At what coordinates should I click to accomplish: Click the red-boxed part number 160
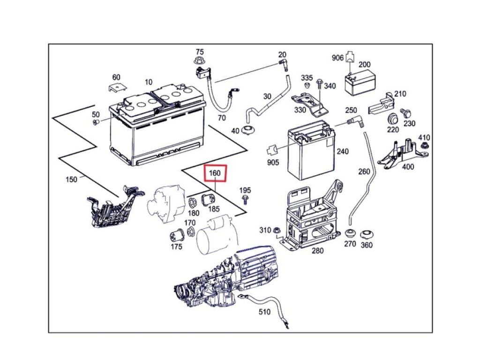pos(215,173)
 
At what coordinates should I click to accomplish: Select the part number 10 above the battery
pos(149,82)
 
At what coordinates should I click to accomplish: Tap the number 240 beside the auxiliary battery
pos(343,151)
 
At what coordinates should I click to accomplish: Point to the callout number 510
pos(264,312)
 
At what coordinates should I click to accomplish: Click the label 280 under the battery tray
pos(317,251)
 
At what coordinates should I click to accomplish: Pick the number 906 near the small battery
pos(337,58)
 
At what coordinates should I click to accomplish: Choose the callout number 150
pos(71,179)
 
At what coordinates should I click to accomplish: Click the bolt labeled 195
pos(245,200)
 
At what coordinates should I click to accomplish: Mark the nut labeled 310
pos(277,230)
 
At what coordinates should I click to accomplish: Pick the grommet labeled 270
pos(350,233)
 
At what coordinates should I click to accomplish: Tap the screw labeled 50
pos(96,122)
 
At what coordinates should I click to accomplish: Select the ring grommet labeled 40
pos(248,130)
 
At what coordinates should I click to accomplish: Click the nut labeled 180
pos(192,203)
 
